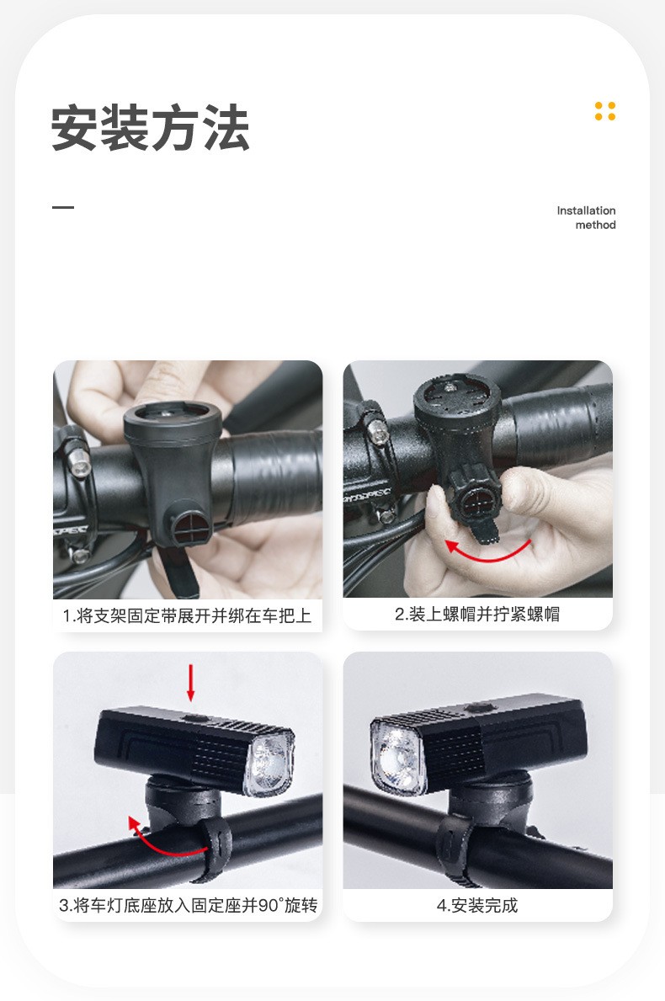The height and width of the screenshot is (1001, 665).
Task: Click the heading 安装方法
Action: point(150,127)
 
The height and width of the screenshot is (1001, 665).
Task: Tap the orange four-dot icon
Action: point(604,111)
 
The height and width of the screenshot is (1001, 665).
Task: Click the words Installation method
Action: point(586,217)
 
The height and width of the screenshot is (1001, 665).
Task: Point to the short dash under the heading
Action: point(63,207)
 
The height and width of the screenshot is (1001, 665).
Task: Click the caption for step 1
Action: point(187,615)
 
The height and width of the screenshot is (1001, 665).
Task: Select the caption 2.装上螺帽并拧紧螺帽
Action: point(477,614)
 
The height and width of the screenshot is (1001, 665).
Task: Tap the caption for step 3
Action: point(187,905)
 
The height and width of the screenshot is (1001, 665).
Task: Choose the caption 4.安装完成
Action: point(477,905)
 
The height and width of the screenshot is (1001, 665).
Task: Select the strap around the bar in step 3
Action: point(216,841)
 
